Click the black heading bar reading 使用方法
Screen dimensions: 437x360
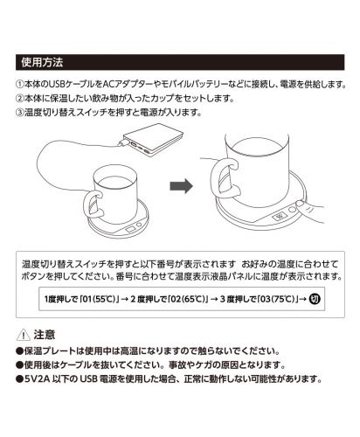tap(179, 63)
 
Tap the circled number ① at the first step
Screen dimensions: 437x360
tap(22, 85)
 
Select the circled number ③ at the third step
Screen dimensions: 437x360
tap(22, 113)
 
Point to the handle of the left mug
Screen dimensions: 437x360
tap(91, 207)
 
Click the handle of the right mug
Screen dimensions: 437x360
tap(225, 180)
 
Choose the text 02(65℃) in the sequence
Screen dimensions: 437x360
tap(187, 298)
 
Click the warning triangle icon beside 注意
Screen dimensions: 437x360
tap(22, 334)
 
